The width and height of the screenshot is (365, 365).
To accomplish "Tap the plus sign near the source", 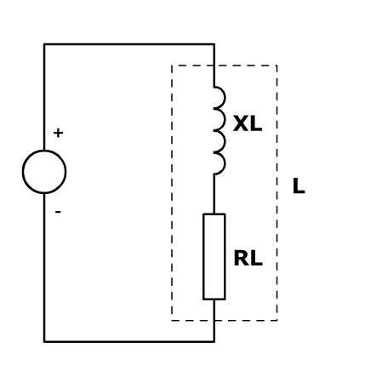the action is pos(58,133).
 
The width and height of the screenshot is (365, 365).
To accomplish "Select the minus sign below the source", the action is pos(58,212).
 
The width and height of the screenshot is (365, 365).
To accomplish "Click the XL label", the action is pos(248,124).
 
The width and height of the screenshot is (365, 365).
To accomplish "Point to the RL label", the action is pos(248,259).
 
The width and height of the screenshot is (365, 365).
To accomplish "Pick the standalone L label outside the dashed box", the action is pos(299,186).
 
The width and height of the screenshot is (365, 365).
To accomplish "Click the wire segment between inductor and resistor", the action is pos(214,194).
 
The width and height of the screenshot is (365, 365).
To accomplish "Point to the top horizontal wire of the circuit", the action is pos(129,44).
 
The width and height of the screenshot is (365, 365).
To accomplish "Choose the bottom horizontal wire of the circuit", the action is pos(129,341).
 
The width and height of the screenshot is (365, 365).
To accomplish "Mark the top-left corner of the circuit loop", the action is pos(44,44).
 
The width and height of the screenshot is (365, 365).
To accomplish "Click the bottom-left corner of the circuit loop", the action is pos(44,341).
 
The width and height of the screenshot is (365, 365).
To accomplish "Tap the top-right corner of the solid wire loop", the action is pos(214,44).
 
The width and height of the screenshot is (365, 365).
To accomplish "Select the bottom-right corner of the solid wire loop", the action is pos(214,341).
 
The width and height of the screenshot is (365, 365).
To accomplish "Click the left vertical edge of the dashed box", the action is pos(172,193).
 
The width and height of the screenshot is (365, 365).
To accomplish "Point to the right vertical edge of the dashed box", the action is pos(277,193).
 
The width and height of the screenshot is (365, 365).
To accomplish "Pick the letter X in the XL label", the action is pos(241,124).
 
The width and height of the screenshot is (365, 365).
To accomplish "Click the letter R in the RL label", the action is pos(242,259).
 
